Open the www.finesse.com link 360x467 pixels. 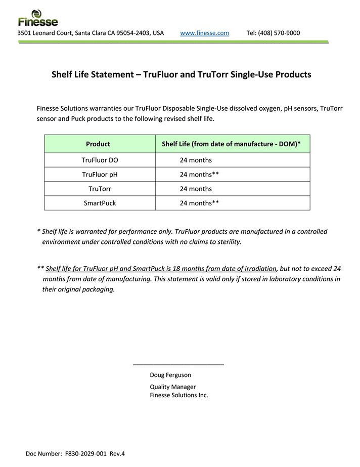pos(204,33)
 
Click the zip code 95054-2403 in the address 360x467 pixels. pos(133,33)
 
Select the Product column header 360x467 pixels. pos(98,144)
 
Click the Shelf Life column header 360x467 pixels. pos(231,144)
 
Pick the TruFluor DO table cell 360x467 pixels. pos(100,160)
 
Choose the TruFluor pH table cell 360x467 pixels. pos(100,175)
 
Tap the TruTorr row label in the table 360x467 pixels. pos(100,189)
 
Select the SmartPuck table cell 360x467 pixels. pos(100,203)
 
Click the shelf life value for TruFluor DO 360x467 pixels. pos(196,160)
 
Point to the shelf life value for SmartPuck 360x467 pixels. pos(199,203)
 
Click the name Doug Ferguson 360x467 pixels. pos(170,375)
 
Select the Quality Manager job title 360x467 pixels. pos(172,387)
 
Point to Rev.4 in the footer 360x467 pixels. pos(117,453)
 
